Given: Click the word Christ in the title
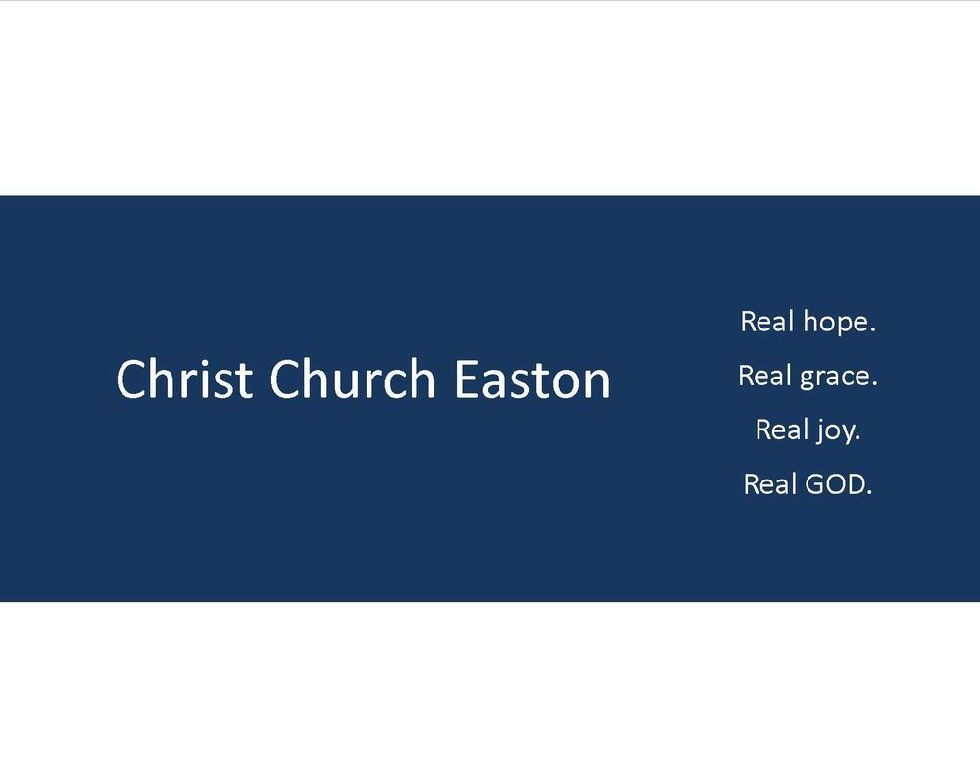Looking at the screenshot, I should [183, 379].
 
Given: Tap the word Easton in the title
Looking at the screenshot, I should [531, 379].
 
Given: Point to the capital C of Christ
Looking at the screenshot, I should [130, 379].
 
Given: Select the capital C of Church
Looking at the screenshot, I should [285, 379].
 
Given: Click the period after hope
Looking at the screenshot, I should [872, 330].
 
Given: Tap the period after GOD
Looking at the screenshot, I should [868, 492].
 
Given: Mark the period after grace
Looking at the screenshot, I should [874, 384].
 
